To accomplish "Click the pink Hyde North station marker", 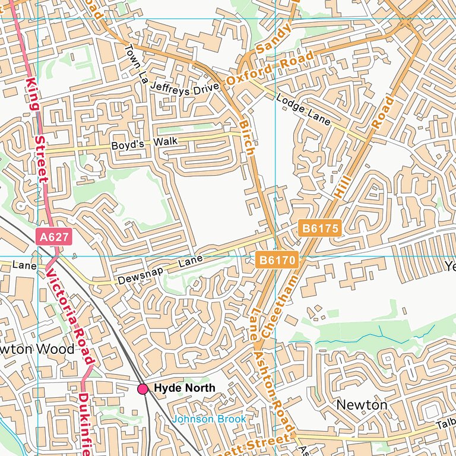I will click(143, 389).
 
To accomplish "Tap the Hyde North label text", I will click(185, 388).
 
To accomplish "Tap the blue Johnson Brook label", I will click(208, 419).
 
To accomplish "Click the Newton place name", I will click(362, 404).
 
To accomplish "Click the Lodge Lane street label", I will click(303, 109).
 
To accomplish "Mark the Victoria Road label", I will click(70, 315).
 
